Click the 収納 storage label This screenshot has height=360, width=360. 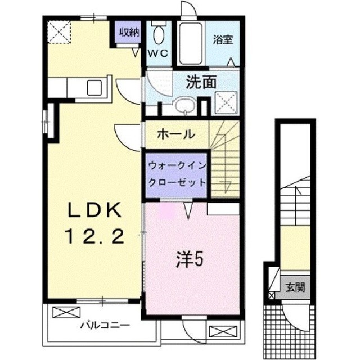(x=128, y=32)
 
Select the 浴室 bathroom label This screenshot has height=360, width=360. (x=223, y=40)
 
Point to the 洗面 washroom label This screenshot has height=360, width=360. (x=201, y=82)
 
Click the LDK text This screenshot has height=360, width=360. (x=94, y=210)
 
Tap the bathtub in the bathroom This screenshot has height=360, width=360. (x=190, y=44)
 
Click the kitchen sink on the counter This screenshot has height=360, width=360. (x=93, y=88)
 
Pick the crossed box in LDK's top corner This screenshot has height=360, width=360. (x=58, y=31)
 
